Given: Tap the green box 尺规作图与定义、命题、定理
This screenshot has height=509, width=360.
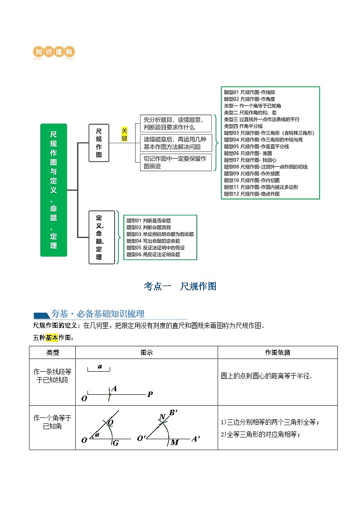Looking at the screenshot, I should tap(54, 190).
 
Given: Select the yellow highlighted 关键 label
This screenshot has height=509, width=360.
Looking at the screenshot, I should tap(125, 134).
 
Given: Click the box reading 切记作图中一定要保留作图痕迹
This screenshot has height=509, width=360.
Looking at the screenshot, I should tap(175, 162).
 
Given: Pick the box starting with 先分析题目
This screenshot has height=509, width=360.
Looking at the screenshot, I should tap(175, 123).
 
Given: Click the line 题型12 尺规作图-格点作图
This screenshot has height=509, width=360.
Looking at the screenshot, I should tap(252, 194).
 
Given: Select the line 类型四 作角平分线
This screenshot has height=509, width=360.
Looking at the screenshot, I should tap(243, 126).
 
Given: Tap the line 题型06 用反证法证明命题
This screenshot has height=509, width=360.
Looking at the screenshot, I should tap(153, 254).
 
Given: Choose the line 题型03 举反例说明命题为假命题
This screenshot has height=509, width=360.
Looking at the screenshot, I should tap(160, 234).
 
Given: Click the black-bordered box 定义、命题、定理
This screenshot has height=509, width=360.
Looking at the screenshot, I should tap(99, 238).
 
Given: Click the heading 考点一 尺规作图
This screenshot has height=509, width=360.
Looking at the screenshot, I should tap(180, 286).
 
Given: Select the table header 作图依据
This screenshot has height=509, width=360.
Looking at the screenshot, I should tap(277, 352).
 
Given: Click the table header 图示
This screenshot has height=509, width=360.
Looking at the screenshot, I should tap(146, 352).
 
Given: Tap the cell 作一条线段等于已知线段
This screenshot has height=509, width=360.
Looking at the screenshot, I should tap(52, 375).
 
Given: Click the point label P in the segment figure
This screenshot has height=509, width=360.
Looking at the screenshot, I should tap(150, 394).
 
